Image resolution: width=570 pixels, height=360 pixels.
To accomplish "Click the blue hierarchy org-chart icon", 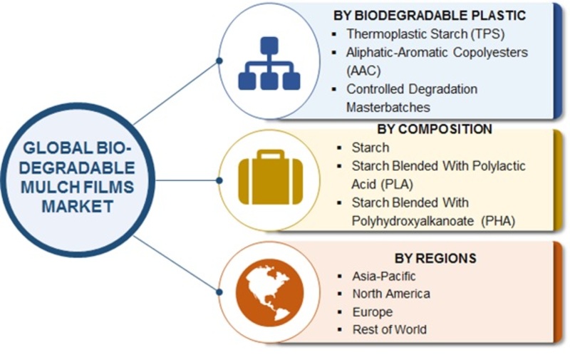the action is (269, 63).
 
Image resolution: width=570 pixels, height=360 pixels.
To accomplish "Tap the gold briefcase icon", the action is (271, 178).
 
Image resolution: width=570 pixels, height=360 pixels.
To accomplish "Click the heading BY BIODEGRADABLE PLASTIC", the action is (430, 15).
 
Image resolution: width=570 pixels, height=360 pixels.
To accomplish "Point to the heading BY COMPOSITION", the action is (435, 129).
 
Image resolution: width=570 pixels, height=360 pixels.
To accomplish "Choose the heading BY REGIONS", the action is (435, 258).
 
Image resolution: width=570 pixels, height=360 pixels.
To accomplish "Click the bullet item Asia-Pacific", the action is (384, 277).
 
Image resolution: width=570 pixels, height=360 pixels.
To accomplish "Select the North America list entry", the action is (391, 294).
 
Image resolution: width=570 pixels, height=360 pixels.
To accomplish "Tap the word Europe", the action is (373, 312).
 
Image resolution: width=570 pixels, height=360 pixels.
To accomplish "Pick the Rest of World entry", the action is (390, 329).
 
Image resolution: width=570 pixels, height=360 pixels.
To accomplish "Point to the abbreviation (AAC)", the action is (363, 70).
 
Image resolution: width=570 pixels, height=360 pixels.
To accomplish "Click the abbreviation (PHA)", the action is (498, 221).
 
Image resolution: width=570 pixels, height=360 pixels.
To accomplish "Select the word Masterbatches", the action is (388, 107).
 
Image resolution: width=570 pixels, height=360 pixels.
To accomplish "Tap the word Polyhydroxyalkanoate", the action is (413, 221).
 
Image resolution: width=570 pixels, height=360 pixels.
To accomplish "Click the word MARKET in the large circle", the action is (78, 206).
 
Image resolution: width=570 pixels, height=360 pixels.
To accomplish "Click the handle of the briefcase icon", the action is (271, 155).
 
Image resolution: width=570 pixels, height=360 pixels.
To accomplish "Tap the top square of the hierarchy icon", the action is (269, 46).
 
